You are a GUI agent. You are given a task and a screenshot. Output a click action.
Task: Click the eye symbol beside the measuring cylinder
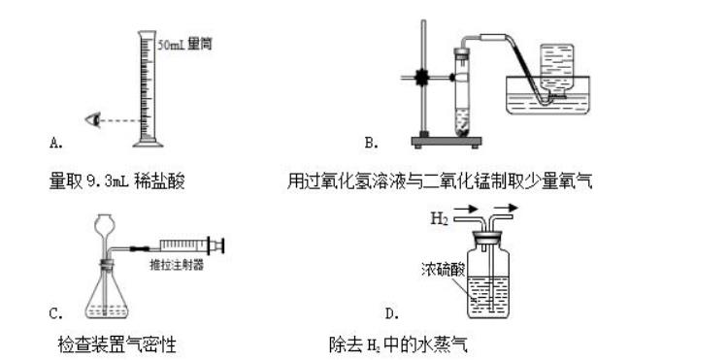point(93,120)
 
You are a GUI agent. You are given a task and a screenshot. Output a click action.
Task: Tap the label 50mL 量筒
point(184,45)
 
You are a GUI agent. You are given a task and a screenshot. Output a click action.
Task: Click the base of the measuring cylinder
point(149,144)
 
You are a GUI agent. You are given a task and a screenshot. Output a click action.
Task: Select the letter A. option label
point(56,143)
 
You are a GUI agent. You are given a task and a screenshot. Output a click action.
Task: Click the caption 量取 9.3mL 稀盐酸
point(117,180)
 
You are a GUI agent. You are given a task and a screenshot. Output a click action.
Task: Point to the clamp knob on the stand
point(421,78)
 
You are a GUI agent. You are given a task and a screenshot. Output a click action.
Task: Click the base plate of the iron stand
point(447,141)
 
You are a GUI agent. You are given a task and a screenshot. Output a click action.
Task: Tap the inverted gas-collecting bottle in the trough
point(556,71)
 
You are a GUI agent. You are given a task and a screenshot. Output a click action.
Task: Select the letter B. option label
point(372,143)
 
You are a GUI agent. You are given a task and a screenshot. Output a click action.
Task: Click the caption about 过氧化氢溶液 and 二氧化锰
point(440,180)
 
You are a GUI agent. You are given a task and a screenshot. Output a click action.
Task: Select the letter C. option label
point(56,313)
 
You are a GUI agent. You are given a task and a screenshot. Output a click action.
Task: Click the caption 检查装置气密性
point(117,344)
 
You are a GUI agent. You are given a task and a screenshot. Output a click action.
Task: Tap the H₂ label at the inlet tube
point(439,218)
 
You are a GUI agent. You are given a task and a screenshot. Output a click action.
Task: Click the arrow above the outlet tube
point(506,208)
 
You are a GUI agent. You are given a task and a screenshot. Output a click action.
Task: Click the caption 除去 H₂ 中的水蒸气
point(398,344)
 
